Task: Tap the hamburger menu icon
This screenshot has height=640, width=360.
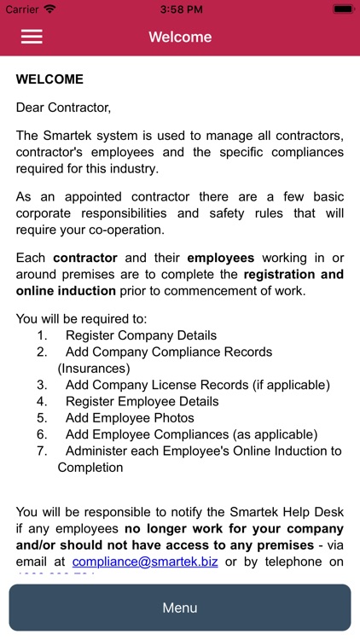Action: pos(32,37)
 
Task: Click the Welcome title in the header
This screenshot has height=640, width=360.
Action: pos(180,37)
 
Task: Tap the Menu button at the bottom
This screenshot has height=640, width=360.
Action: pos(180,608)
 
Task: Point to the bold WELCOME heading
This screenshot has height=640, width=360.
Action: pos(49,79)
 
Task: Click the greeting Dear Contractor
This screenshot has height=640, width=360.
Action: pos(64,108)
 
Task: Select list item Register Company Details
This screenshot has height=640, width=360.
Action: pos(141,335)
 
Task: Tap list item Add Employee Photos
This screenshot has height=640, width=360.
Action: pos(130,418)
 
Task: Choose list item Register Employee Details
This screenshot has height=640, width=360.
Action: pos(142,401)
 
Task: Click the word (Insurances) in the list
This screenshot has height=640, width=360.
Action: pos(94,369)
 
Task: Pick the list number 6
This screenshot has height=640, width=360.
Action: pos(42,434)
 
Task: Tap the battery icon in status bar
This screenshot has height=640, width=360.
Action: pos(343,9)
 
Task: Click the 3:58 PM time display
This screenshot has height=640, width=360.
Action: pos(180,9)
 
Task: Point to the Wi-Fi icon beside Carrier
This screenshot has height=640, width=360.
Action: pos(49,9)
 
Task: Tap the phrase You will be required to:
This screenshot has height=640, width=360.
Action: pos(73,319)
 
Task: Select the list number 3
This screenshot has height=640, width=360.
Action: pos(42,385)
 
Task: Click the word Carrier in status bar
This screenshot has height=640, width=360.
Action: pos(22,9)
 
